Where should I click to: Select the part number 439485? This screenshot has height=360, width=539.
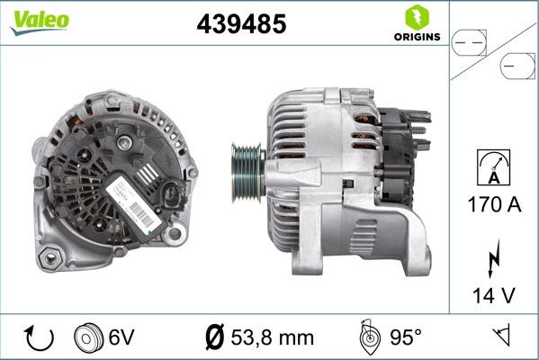pos(241,25)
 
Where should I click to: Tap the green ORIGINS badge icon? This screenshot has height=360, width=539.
pos(415,17)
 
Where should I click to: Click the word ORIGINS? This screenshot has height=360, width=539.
pos(416,38)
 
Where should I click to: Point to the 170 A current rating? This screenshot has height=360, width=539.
pos(493,204)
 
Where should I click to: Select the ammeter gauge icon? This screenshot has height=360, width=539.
pos(493,166)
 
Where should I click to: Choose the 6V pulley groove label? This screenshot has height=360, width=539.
pos(121,338)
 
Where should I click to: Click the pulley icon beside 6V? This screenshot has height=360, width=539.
pos(89,338)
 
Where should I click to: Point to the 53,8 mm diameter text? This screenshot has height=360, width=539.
pos(270,338)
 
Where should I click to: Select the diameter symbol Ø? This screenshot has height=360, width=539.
pos(215,338)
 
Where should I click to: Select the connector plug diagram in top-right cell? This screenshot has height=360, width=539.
pos(493,51)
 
